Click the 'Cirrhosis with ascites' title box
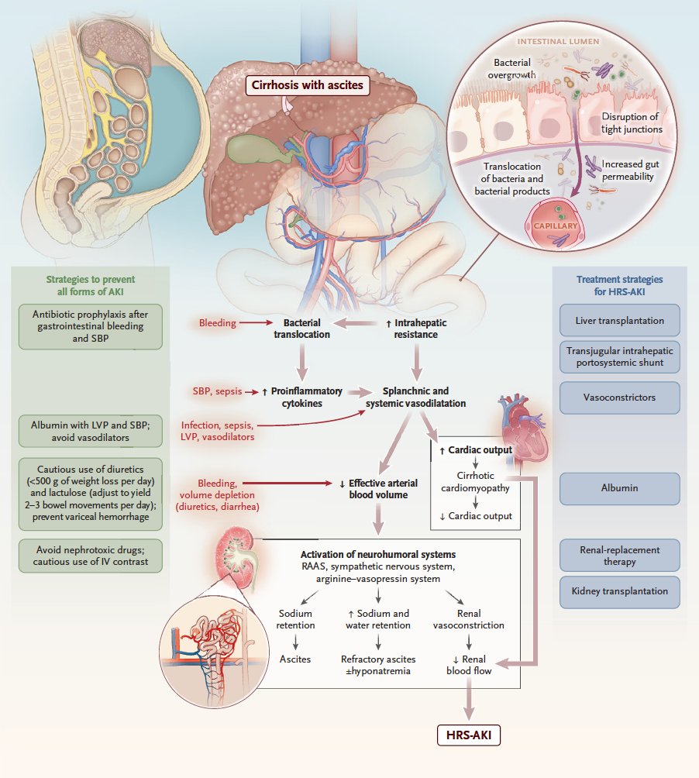coord(308,84)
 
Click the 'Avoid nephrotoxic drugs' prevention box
coord(91,556)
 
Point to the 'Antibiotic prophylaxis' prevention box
coord(91,326)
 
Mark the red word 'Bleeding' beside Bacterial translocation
coord(217,322)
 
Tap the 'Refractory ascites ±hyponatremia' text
coord(378,665)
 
